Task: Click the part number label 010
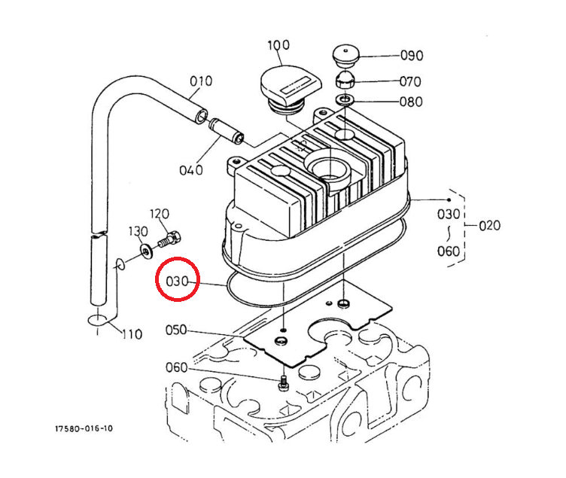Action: (201, 81)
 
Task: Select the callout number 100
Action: (278, 45)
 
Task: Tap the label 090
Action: (412, 56)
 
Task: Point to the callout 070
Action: (410, 81)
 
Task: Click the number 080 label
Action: (411, 102)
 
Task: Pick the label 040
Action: (191, 170)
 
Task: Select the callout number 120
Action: (160, 214)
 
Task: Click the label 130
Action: (138, 231)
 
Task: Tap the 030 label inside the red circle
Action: (177, 281)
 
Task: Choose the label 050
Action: (176, 330)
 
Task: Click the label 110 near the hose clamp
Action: (132, 334)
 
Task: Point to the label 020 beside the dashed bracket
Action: (489, 226)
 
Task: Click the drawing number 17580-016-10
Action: (84, 428)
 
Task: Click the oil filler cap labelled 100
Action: (291, 89)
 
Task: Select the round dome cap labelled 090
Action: (345, 56)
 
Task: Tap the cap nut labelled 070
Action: (345, 81)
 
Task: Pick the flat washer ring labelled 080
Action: (345, 99)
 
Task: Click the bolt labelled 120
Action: (169, 239)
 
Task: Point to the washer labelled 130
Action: (146, 251)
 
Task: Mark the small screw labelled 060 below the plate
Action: (284, 382)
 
